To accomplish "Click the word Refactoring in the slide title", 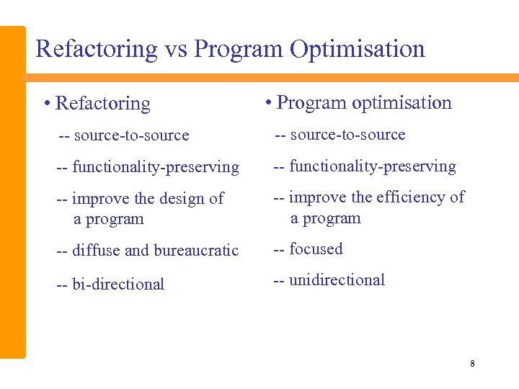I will click(96, 49).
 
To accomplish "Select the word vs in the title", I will click(175, 49).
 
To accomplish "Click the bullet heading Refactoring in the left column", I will click(103, 104).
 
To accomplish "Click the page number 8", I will click(472, 363).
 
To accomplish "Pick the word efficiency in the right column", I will click(407, 197).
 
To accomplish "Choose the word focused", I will click(316, 249).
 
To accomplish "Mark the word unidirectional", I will click(337, 280).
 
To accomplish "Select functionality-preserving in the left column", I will click(156, 167).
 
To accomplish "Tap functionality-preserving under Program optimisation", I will click(373, 166).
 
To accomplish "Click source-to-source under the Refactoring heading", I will click(131, 135).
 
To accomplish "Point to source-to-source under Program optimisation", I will click(347, 135).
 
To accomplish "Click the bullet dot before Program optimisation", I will click(267, 103).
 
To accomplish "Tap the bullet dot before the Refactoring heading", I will click(46, 104).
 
